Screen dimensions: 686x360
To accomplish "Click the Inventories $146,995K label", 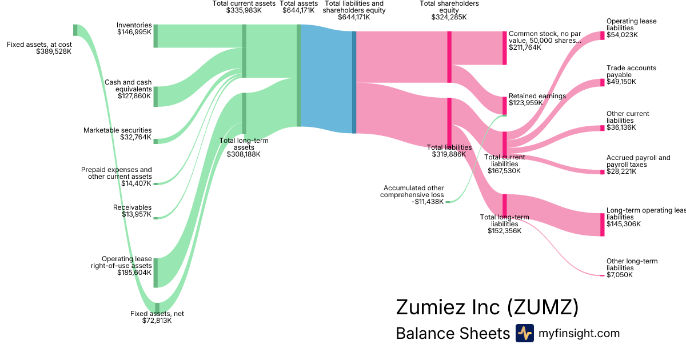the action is click(134, 29).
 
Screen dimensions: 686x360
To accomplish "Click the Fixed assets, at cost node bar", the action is click(75, 30).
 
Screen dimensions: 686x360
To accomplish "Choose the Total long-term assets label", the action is click(244, 147).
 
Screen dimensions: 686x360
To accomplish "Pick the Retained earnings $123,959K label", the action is click(537, 99).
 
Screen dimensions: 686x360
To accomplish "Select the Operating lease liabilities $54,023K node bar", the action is click(602, 35).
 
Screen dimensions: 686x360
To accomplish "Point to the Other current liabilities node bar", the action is click(602, 128).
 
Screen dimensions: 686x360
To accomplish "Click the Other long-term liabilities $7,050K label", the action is click(632, 268).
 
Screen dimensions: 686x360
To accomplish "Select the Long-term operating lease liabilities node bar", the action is click(602, 224).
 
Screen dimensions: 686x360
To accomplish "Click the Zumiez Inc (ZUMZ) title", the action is click(487, 307).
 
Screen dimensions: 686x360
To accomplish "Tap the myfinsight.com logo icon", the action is click(524, 333).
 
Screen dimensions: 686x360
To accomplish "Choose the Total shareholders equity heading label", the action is click(449, 10).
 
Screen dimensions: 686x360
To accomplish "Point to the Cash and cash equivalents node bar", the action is click(155, 97).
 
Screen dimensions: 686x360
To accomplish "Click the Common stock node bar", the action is click(505, 48).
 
